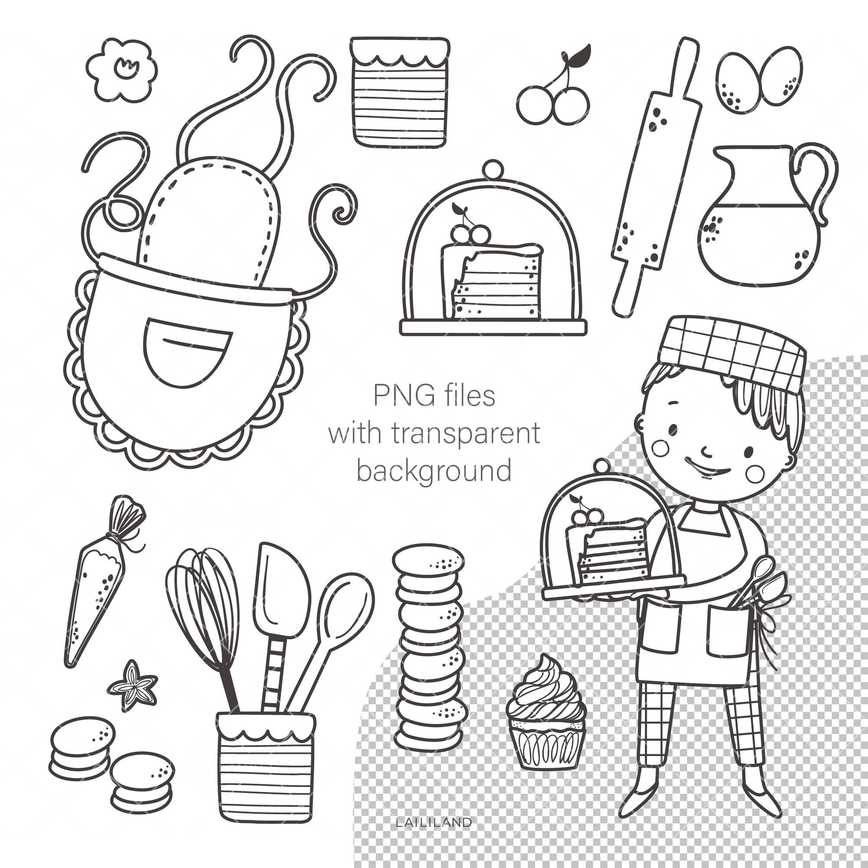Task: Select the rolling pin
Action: coord(656,180)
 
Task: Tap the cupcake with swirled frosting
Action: coord(546,714)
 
